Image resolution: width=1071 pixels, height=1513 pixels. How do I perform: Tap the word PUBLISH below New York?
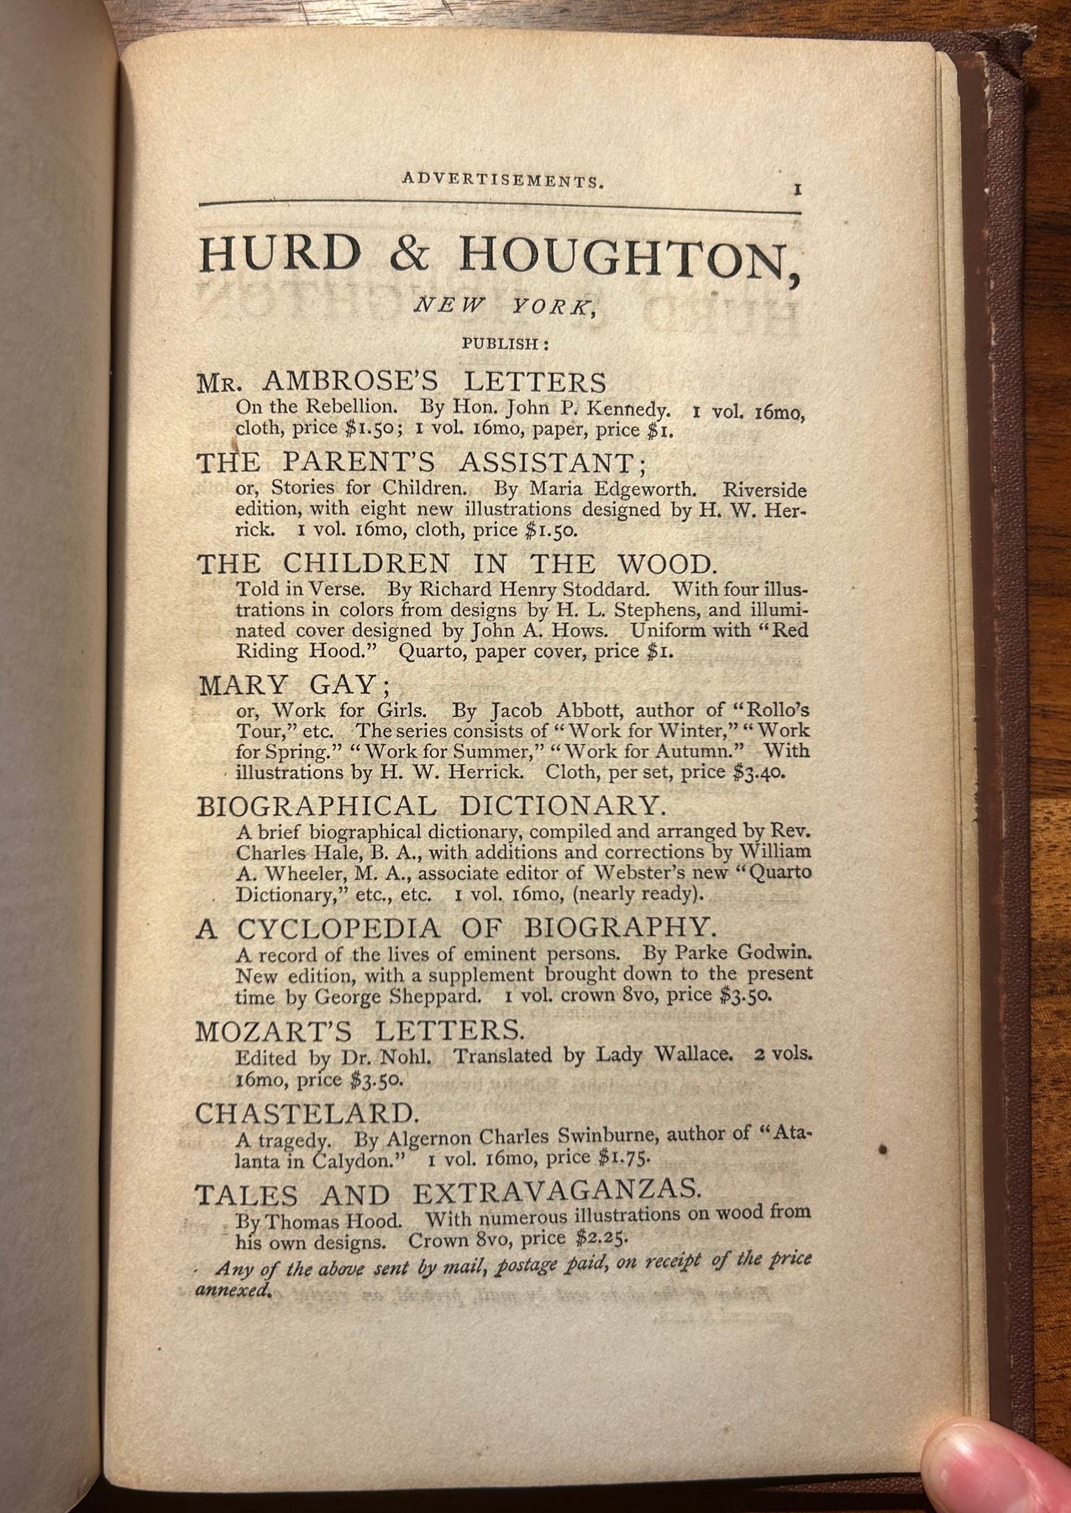[x=502, y=343]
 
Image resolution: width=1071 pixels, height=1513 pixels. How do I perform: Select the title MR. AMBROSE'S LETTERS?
[x=401, y=383]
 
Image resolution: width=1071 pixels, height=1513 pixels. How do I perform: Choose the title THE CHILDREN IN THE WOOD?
[x=454, y=562]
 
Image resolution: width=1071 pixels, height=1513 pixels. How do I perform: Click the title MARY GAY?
[x=286, y=685]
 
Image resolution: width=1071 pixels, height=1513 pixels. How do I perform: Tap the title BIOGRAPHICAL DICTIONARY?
[x=431, y=806]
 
